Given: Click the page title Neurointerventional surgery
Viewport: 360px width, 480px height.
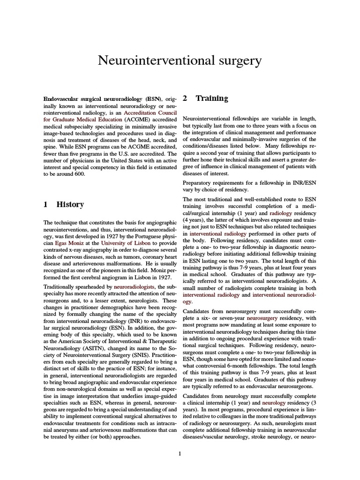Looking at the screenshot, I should (x=180, y=60).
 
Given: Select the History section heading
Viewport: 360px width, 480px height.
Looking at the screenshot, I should (x=70, y=204).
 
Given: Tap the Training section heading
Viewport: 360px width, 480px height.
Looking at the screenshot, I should (x=212, y=98).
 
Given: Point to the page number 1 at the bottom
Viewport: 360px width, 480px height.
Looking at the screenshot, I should (x=180, y=453).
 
